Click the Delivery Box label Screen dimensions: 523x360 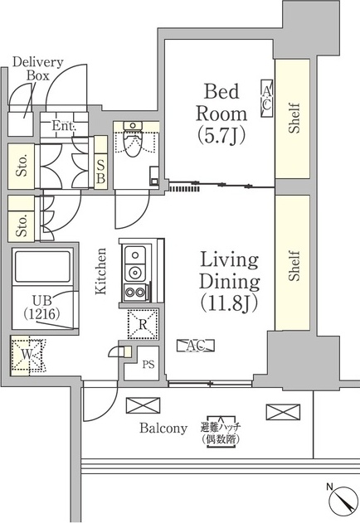pos(33,67)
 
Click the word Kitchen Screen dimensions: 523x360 pos(101,271)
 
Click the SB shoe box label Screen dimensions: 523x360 pos(100,172)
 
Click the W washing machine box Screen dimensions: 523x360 pos(28,355)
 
